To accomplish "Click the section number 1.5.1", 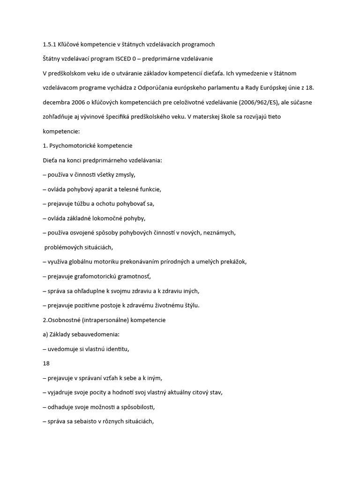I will pos(49,45).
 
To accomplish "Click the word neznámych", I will pos(219,233).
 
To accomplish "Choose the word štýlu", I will pos(189,306).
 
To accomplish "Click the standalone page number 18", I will pos(46,363).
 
